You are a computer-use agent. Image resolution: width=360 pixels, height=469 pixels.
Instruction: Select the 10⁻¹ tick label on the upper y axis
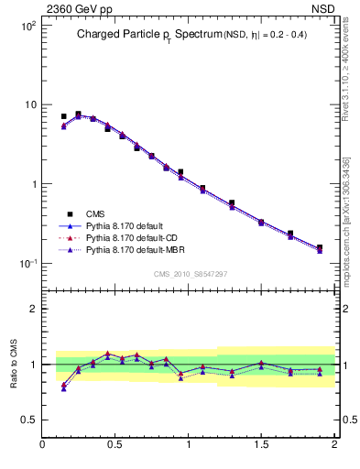(27, 264)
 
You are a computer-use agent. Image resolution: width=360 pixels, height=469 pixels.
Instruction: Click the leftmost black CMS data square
(63, 117)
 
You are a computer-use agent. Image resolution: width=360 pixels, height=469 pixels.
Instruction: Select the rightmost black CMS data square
(320, 247)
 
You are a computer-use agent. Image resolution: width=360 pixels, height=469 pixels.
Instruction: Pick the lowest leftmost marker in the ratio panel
(63, 389)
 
